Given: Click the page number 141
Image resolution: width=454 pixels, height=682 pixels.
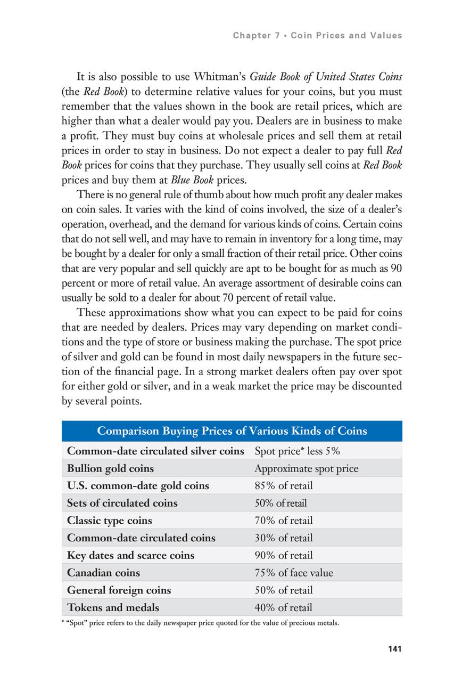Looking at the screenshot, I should (394, 648).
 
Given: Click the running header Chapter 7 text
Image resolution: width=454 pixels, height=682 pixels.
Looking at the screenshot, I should (317, 36).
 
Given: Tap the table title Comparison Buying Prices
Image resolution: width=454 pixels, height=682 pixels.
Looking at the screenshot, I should (232, 431).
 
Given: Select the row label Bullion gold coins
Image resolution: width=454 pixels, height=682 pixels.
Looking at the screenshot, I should (110, 469).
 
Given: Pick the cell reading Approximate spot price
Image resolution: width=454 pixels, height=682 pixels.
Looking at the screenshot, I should (306, 469).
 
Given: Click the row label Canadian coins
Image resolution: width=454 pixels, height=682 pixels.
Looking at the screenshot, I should (104, 573).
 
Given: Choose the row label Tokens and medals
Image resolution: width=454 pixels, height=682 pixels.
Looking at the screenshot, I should (113, 607).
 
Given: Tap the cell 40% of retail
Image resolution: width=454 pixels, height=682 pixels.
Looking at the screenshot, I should (284, 607).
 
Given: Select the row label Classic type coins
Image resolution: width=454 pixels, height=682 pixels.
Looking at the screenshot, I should (110, 521).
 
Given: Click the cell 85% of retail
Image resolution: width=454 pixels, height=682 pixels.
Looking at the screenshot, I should (284, 486).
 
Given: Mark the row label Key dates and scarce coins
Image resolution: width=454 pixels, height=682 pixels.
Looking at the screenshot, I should (131, 555).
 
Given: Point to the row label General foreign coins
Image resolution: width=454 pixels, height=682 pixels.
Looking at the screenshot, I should (119, 590).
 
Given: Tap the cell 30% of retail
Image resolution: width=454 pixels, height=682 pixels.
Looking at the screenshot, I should (284, 538).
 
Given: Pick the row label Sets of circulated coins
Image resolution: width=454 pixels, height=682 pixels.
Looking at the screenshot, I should (122, 503).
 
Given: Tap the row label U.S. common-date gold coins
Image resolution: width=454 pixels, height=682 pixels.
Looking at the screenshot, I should (138, 486).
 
